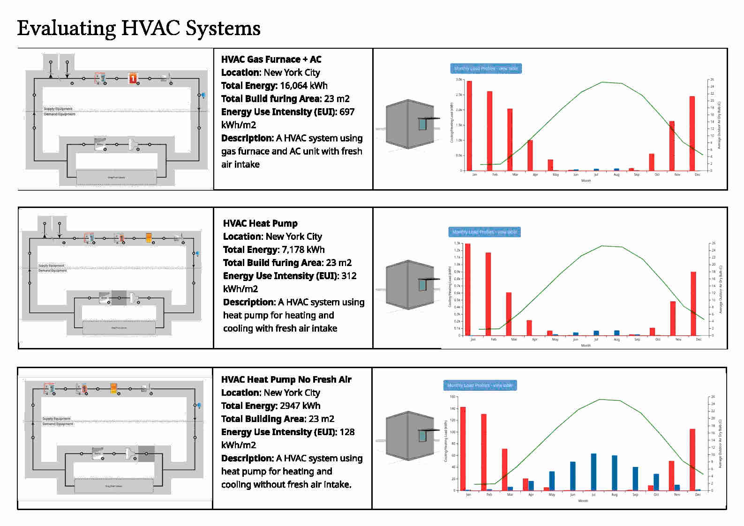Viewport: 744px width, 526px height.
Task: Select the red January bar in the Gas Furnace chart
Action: click(469, 126)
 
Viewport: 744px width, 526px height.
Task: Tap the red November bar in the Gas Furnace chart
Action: click(672, 146)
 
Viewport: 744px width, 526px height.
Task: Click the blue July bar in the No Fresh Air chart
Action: click(594, 472)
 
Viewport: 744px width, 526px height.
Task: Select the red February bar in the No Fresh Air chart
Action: click(484, 452)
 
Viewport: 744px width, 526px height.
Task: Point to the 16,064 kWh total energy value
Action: click(303, 86)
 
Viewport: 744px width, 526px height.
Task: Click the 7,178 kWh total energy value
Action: click(303, 250)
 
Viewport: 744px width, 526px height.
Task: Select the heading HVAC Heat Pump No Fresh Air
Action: click(286, 379)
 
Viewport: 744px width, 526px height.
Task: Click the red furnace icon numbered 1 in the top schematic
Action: click(133, 78)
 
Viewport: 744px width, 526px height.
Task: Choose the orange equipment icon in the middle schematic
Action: click(149, 238)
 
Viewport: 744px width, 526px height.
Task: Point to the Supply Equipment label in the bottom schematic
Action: click(56, 419)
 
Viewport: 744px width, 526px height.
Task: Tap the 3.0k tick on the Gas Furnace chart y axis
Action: click(459, 80)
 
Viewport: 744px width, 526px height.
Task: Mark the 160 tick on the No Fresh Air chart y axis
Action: click(452, 397)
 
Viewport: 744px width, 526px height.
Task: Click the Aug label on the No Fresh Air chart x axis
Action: click(614, 495)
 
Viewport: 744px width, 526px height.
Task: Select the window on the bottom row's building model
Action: click(423, 436)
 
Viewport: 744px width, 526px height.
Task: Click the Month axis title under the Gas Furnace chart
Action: click(586, 180)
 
